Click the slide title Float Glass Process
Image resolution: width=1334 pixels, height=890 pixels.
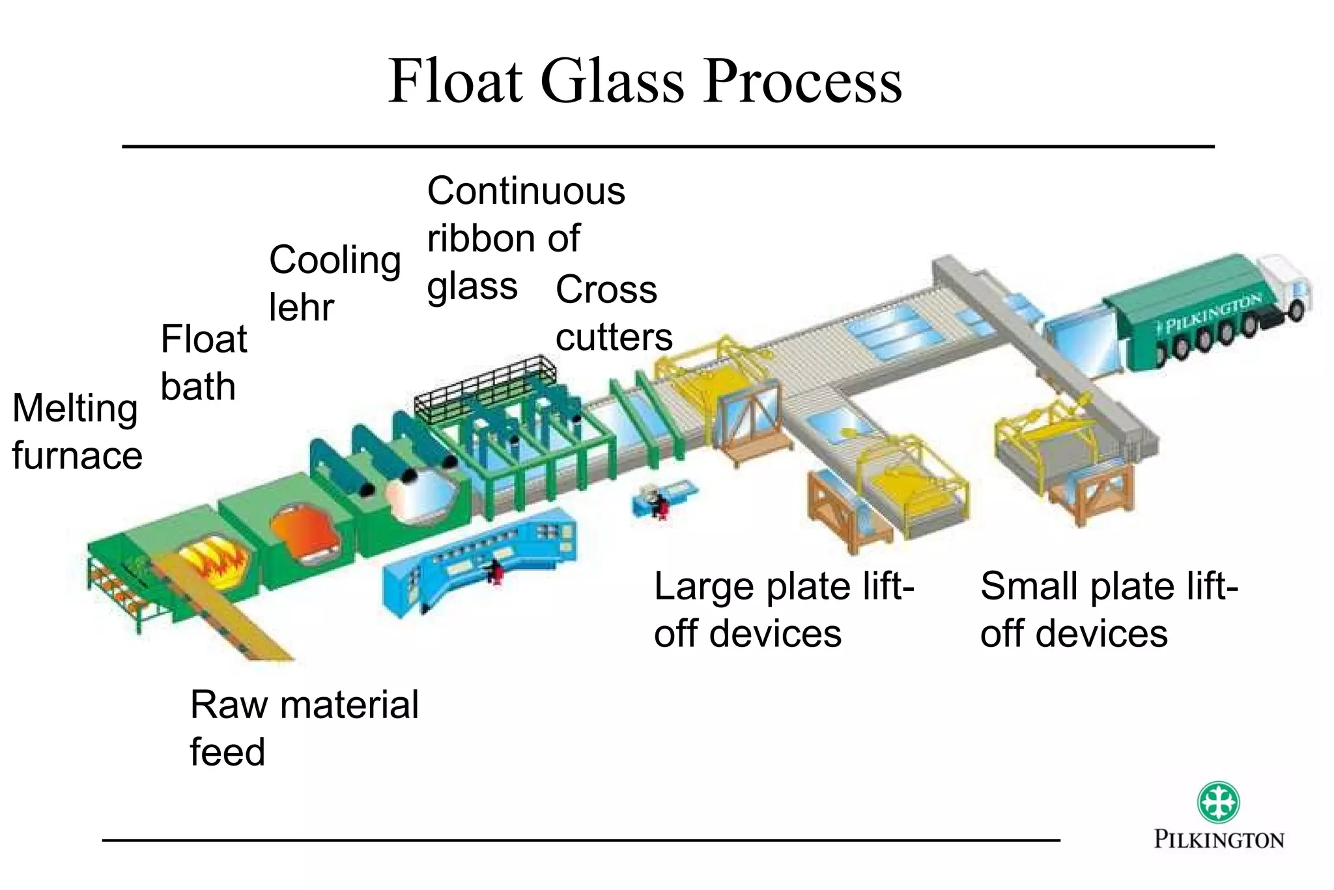tap(645, 81)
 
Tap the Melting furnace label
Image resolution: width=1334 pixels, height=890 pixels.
tap(77, 431)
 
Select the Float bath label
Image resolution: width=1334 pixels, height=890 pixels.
tap(203, 362)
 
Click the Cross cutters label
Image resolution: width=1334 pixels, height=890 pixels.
tap(613, 313)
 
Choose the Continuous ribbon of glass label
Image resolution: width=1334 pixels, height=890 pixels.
tap(525, 238)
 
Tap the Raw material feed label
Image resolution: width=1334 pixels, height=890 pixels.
tap(304, 728)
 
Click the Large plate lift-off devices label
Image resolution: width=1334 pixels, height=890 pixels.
tap(784, 610)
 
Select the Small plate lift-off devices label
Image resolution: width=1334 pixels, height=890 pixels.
tap(1109, 610)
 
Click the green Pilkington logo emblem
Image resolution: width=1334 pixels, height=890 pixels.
tap(1218, 802)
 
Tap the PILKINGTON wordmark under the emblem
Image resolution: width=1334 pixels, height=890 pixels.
tap(1219, 839)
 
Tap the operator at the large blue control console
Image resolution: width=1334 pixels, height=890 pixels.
tap(496, 571)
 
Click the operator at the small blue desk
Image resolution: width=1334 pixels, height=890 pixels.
tap(659, 504)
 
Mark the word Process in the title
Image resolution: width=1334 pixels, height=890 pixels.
tap(802, 81)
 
